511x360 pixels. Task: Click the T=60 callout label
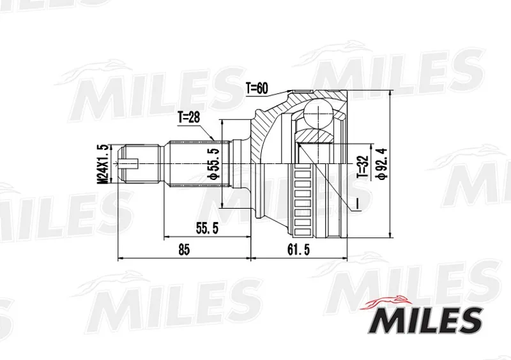[257, 88]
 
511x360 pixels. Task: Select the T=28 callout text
[188, 117]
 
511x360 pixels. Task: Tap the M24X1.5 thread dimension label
[103, 164]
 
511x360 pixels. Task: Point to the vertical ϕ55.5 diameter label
[214, 163]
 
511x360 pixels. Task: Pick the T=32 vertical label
[363, 167]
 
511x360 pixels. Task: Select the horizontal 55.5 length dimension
[207, 229]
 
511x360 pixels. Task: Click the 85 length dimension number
[184, 250]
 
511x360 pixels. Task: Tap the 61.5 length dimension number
[298, 250]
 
